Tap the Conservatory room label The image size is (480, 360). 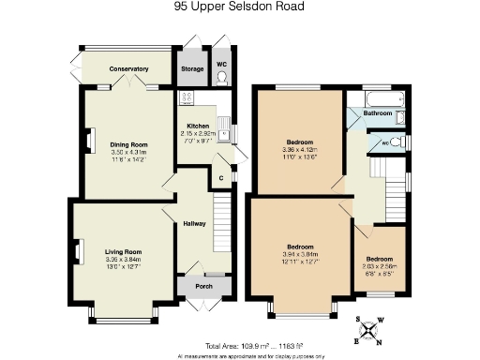coord(129,69)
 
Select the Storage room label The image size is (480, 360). coord(192,68)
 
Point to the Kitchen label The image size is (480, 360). coord(198,126)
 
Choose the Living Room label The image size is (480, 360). coord(123,252)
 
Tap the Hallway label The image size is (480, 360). coord(194,224)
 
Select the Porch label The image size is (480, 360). coord(202,287)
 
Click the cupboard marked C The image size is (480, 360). coord(220,177)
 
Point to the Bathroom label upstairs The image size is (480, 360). coord(378,113)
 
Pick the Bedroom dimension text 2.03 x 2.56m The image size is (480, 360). coord(379,265)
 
